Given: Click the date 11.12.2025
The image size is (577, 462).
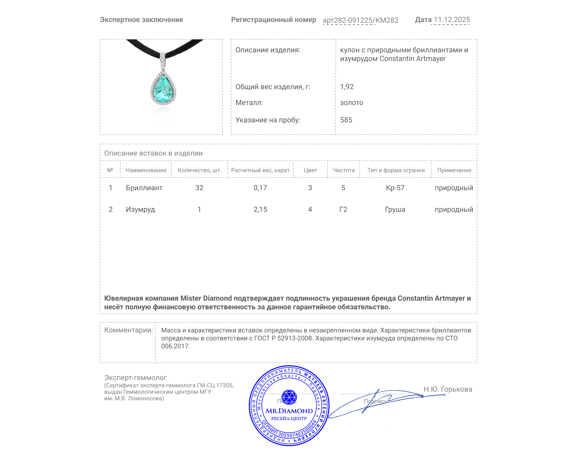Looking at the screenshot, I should (452, 20).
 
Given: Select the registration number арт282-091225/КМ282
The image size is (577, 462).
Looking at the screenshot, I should (360, 21).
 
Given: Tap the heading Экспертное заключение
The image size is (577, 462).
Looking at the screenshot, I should (141, 20).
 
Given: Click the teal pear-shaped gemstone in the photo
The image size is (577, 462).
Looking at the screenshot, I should (163, 88).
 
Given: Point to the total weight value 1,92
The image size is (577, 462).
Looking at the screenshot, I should (347, 87).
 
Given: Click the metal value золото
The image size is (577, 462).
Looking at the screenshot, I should (352, 103).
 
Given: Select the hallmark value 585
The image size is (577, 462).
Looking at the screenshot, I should (346, 120).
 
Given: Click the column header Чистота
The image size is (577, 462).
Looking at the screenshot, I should (343, 170).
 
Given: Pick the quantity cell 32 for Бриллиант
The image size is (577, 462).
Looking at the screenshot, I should (199, 188).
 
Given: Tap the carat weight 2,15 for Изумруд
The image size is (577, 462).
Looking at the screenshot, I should (260, 210).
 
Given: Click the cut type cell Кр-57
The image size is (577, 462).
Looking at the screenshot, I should (395, 188).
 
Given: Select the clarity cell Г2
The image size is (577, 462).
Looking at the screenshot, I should (343, 210).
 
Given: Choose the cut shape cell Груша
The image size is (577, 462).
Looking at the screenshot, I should (395, 210).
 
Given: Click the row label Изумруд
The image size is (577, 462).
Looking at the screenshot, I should (140, 210).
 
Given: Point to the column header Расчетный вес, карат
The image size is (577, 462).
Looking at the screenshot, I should (260, 170).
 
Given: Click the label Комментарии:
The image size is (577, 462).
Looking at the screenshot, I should (128, 330).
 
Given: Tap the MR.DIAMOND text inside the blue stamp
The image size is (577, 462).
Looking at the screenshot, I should (289, 411).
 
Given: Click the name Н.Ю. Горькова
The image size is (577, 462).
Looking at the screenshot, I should (448, 389).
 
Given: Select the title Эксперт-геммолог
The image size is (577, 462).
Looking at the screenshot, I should (135, 378).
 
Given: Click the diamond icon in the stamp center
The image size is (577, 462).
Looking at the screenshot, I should (289, 397).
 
